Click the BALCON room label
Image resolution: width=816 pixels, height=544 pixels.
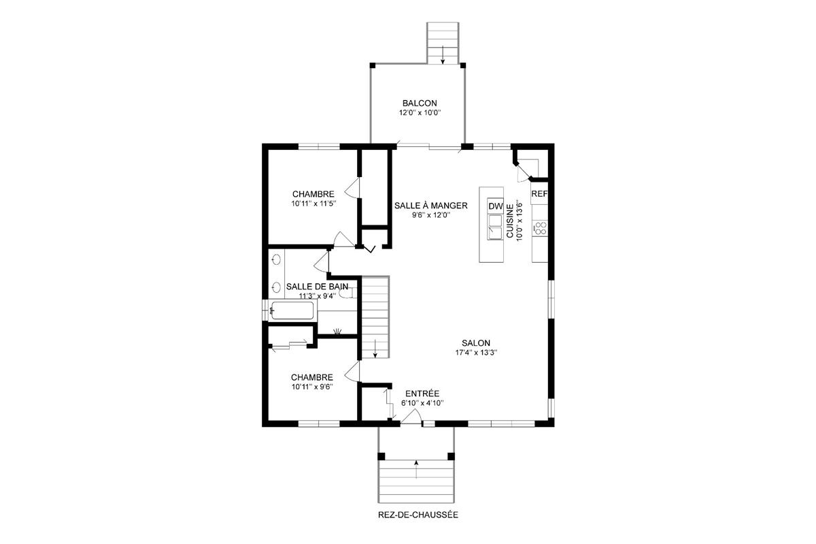(x=419, y=103)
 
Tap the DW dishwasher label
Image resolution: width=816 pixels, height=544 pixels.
(x=495, y=206)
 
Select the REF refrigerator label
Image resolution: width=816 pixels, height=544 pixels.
(x=539, y=193)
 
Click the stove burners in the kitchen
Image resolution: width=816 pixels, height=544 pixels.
(x=541, y=228)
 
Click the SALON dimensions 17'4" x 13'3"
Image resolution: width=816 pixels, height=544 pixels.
(x=476, y=353)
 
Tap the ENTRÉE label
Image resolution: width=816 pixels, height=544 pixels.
(x=422, y=394)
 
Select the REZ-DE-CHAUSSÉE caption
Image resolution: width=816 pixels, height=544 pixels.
(x=418, y=515)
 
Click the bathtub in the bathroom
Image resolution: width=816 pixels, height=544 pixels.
(x=292, y=312)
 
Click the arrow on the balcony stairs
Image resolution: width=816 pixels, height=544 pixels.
(x=443, y=54)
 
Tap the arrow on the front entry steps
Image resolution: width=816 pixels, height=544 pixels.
(x=416, y=466)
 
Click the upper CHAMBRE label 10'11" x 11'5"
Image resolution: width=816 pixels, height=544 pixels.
(x=313, y=203)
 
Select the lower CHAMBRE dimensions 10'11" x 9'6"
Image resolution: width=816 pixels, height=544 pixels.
(x=312, y=387)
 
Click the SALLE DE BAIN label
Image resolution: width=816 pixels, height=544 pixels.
(x=318, y=287)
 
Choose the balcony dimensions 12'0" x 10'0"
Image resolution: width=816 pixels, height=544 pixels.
(x=419, y=113)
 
